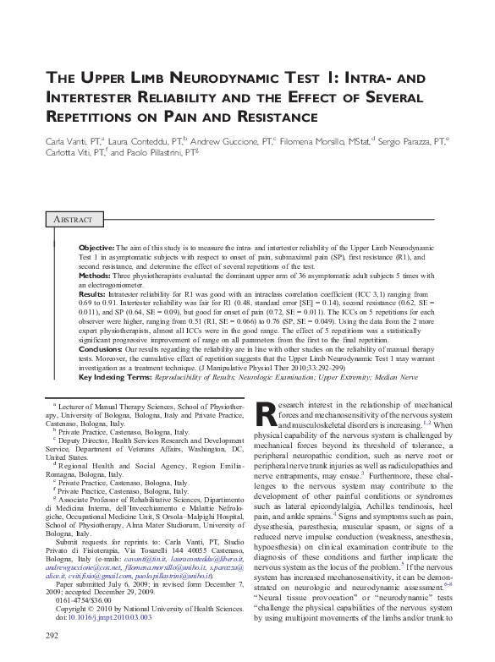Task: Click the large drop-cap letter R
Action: click(x=265, y=414)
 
